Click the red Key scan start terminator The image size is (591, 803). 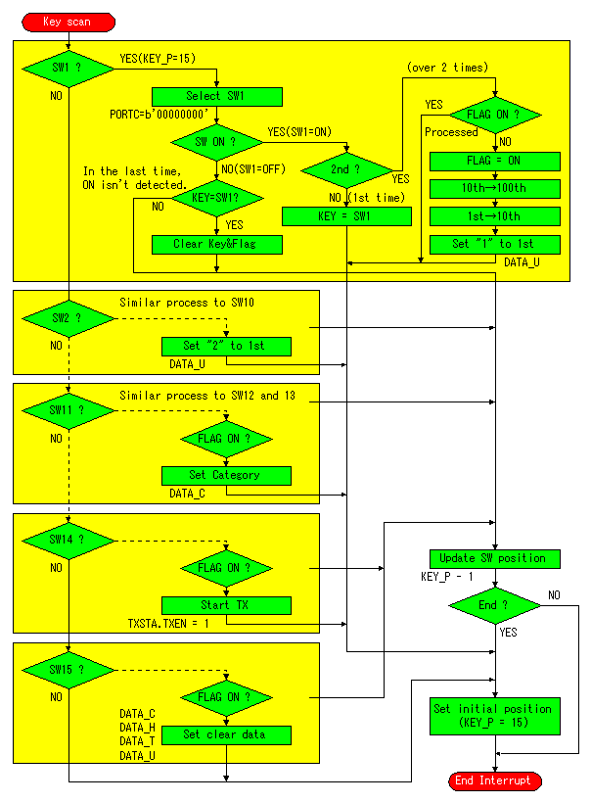click(68, 22)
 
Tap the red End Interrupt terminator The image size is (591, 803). click(495, 781)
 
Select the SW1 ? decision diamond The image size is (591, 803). click(68, 69)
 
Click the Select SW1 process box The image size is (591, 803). click(217, 96)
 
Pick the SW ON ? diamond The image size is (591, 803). click(217, 142)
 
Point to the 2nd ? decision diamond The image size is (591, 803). click(346, 170)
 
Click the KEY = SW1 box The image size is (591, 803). click(346, 216)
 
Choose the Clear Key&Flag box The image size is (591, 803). click(217, 244)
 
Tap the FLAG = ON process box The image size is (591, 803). click(495, 162)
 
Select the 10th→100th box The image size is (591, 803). click(495, 188)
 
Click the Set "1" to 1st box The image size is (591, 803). click(495, 244)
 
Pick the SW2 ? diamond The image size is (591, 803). click(68, 318)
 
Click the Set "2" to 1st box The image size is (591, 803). click(226, 347)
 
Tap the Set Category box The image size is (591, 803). click(226, 476)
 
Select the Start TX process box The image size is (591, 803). click(226, 605)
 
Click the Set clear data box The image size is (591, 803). click(226, 734)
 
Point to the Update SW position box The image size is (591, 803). click(495, 559)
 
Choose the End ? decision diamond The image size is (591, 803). click(495, 606)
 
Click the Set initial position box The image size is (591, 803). click(495, 716)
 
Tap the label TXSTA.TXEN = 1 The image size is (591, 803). click(168, 624)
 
